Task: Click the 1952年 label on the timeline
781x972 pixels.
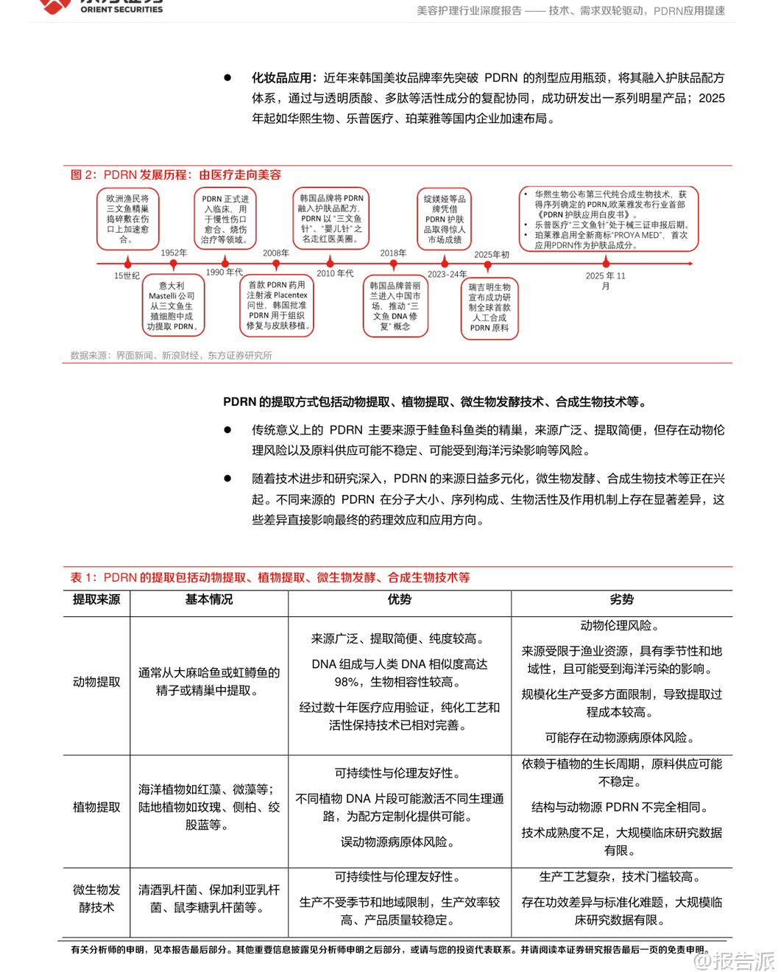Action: pos(174,253)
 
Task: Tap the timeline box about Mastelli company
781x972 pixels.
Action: pos(172,306)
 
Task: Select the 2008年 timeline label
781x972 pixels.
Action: pos(276,253)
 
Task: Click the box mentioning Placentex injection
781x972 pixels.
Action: pos(277,305)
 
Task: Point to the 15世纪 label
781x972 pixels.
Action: pos(127,275)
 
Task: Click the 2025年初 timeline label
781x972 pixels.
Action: pos(492,255)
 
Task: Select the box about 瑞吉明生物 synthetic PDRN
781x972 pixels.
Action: pos(490,308)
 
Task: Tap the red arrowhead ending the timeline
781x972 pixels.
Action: pos(690,263)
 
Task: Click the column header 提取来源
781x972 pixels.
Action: pos(96,599)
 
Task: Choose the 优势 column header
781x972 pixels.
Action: pos(399,599)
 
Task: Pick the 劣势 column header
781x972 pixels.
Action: pos(621,599)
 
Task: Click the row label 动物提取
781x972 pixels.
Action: pos(96,682)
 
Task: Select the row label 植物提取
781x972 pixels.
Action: pos(96,807)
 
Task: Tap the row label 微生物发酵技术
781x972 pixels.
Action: pos(96,898)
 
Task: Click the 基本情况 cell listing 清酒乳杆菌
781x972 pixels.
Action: pos(209,898)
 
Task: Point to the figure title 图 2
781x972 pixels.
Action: pos(176,175)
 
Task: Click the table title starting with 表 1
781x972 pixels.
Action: pos(270,577)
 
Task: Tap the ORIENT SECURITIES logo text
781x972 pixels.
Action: pos(121,10)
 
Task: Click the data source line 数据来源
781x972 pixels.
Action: pos(172,355)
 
